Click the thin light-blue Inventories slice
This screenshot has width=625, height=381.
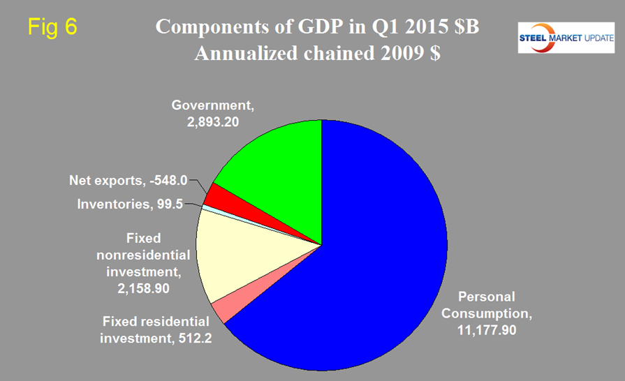click(204, 207)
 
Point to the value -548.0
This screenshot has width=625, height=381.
click(170, 181)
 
